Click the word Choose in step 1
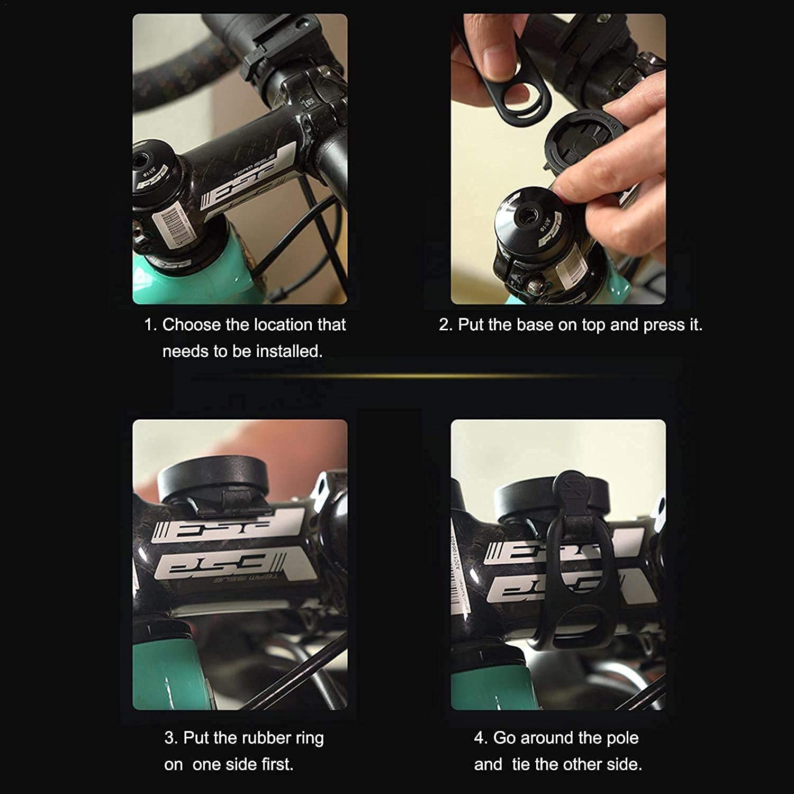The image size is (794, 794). tap(192, 324)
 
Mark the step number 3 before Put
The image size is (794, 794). tap(170, 737)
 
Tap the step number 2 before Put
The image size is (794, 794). tap(444, 324)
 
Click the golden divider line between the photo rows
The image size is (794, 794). tap(397, 376)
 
